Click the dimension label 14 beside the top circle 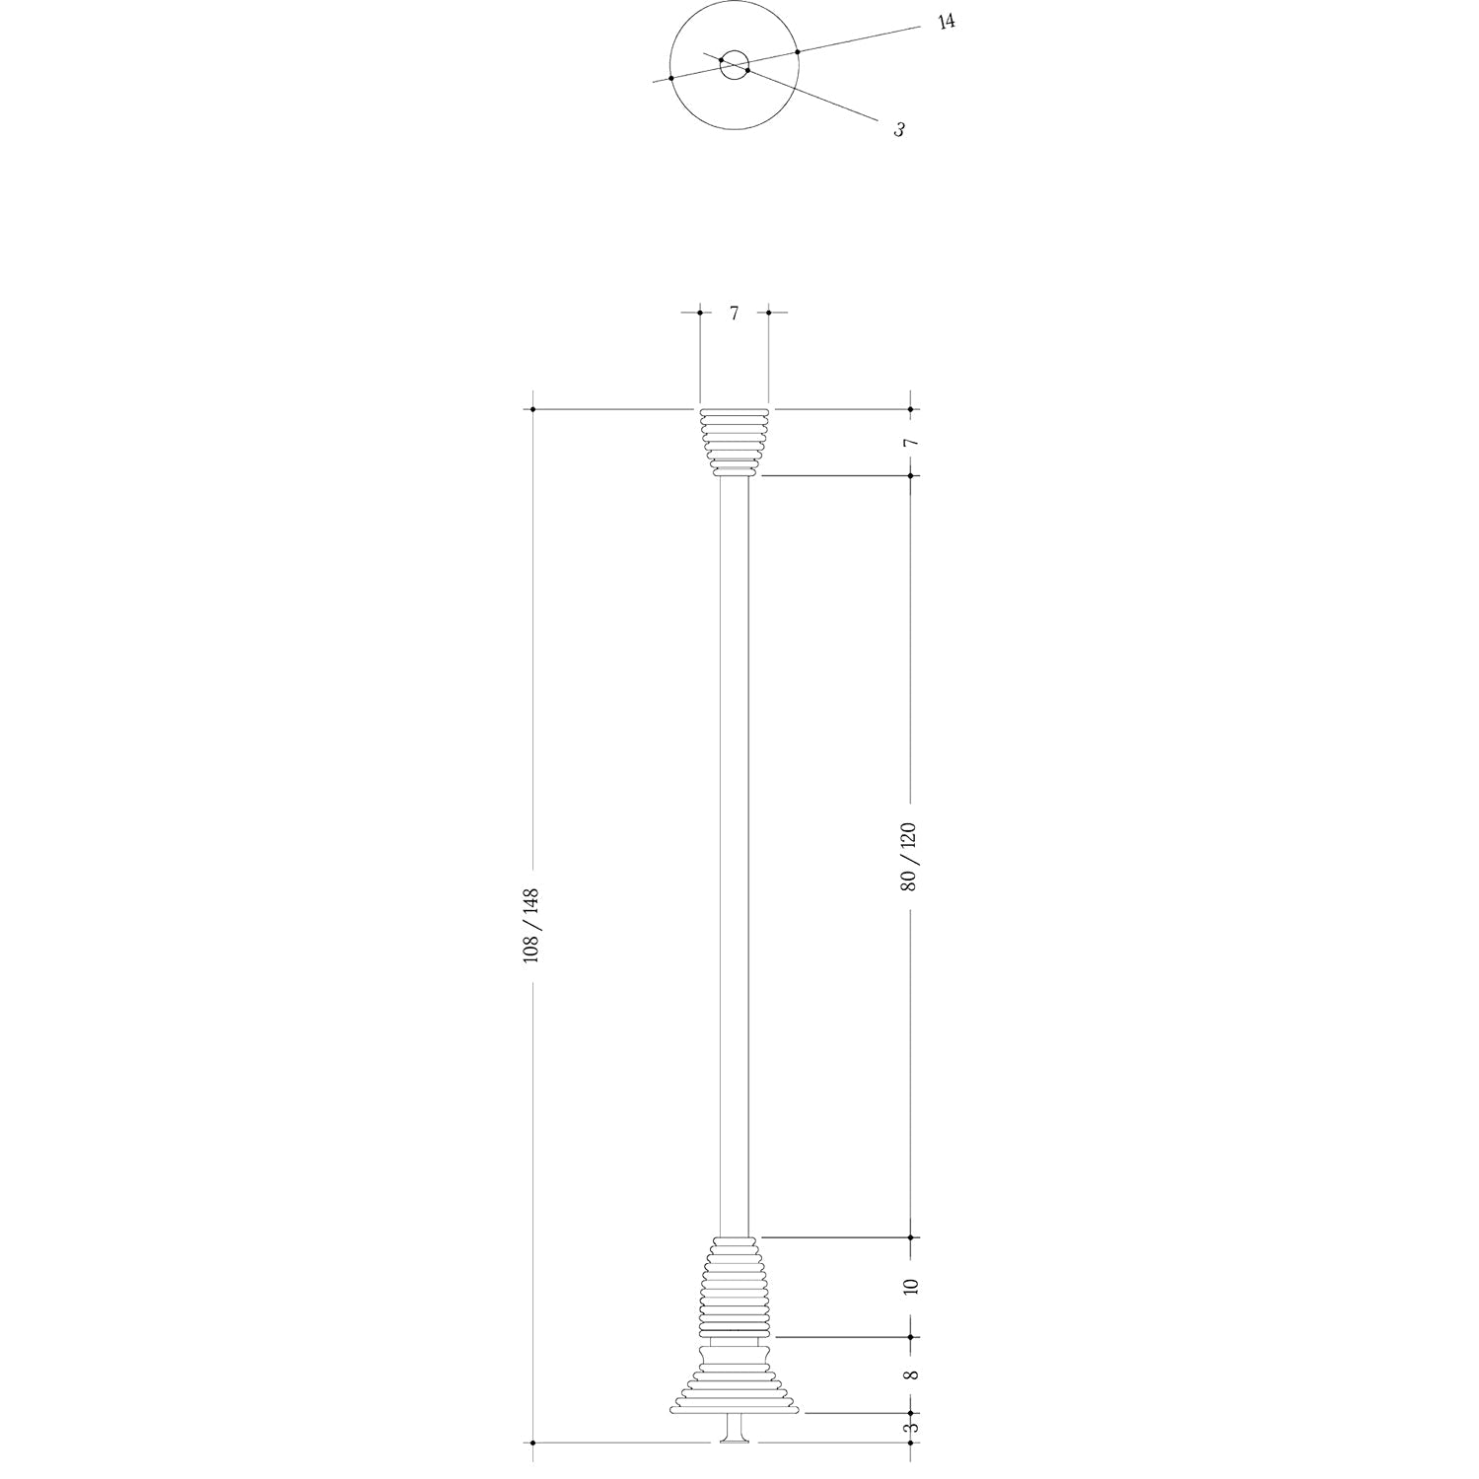point(946,21)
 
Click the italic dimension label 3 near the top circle point(899,129)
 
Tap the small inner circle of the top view point(734,65)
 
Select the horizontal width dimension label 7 point(734,314)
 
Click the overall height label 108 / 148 point(530,925)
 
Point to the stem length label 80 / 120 point(908,856)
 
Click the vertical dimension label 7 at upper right point(911,443)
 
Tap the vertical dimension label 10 point(910,1286)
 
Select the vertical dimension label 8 point(910,1374)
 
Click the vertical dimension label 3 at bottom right point(911,1426)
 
